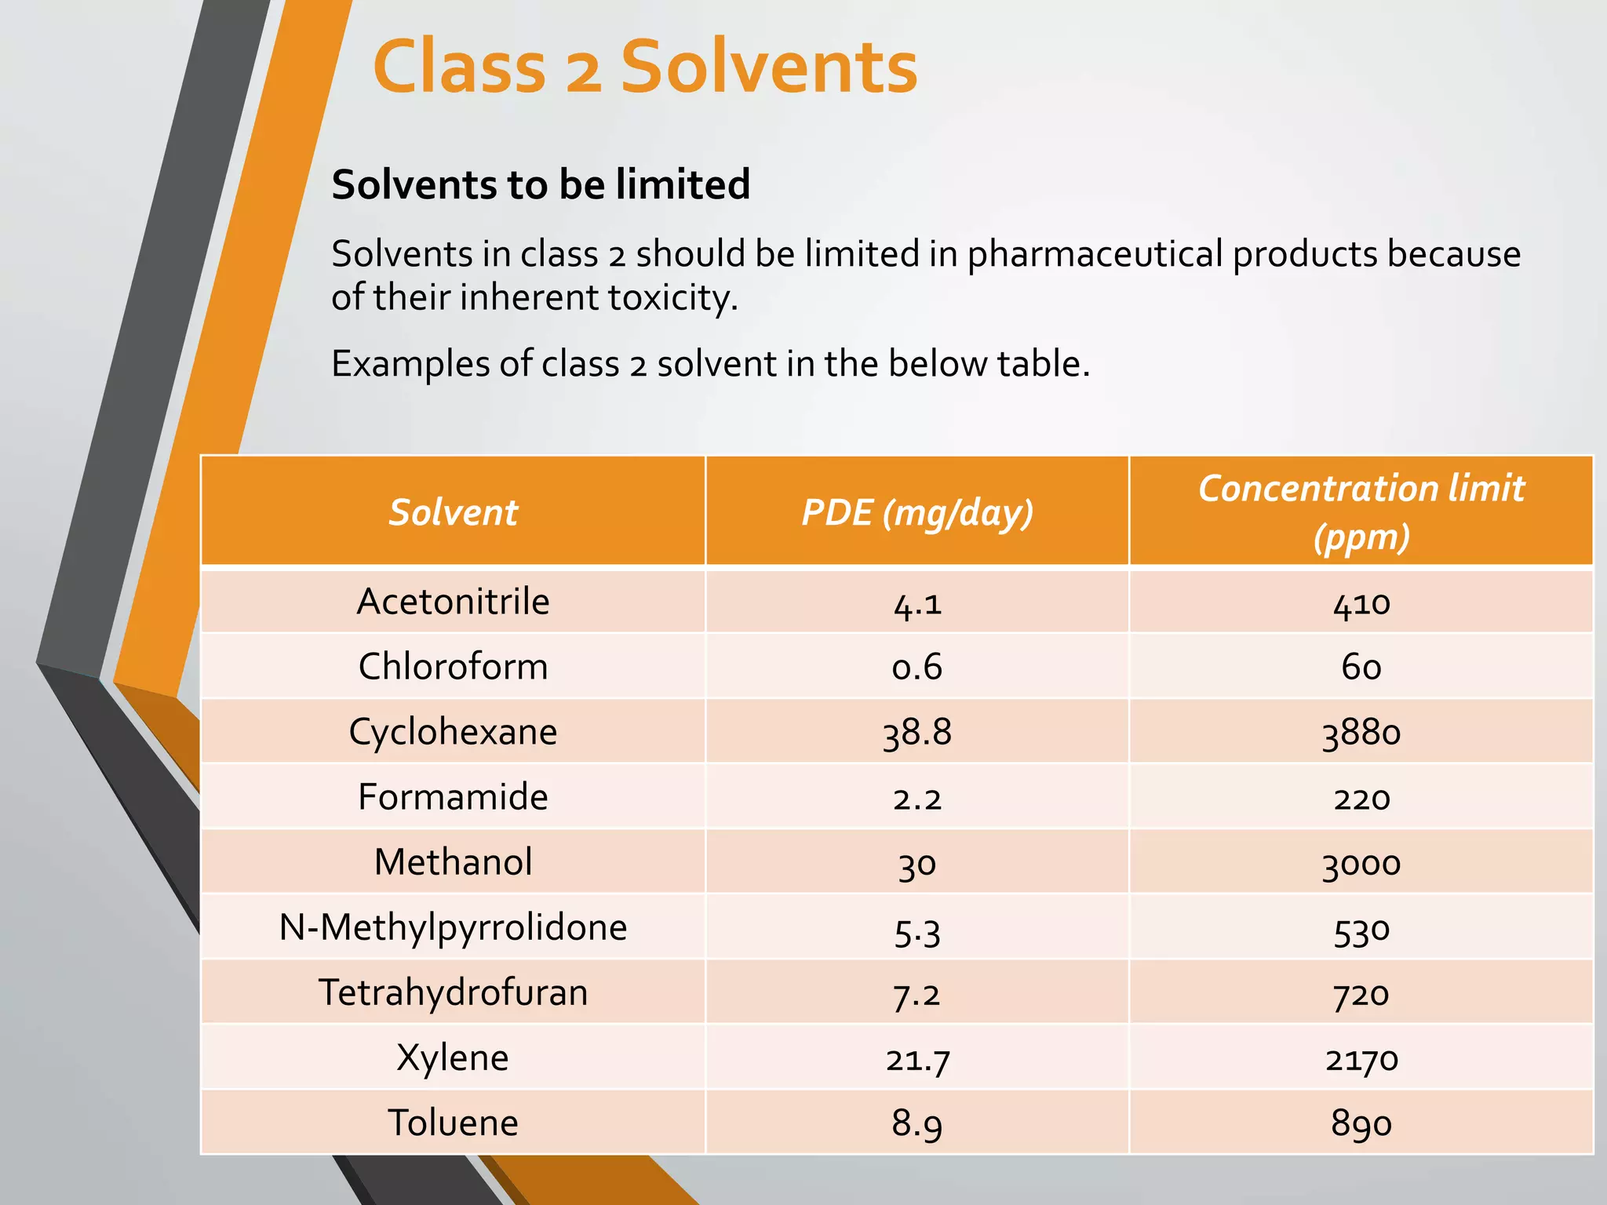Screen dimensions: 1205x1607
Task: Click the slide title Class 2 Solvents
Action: tap(645, 67)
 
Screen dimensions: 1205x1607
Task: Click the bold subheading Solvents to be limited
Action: tap(541, 185)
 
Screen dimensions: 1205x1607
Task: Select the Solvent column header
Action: tap(453, 512)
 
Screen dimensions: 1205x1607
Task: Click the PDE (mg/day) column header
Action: tap(916, 512)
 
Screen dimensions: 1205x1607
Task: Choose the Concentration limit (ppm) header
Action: tap(1361, 511)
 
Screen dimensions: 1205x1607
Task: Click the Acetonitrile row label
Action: tap(453, 602)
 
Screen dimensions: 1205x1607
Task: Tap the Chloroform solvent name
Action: tap(453, 667)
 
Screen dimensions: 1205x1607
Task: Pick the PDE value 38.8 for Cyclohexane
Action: tap(916, 733)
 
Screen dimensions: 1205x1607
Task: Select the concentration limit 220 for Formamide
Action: tap(1361, 798)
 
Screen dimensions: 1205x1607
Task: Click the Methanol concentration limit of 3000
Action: tap(1361, 863)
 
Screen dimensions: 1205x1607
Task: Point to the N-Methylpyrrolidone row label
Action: tap(453, 928)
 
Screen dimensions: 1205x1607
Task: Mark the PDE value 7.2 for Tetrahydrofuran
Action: tap(916, 994)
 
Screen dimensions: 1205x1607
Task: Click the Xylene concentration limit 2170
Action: tap(1361, 1059)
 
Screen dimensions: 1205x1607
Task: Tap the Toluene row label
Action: tap(453, 1123)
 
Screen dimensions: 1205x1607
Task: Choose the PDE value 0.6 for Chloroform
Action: tap(916, 667)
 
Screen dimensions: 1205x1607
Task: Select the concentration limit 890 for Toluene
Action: tap(1361, 1123)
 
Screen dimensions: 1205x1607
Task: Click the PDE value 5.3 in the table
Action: tap(916, 930)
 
